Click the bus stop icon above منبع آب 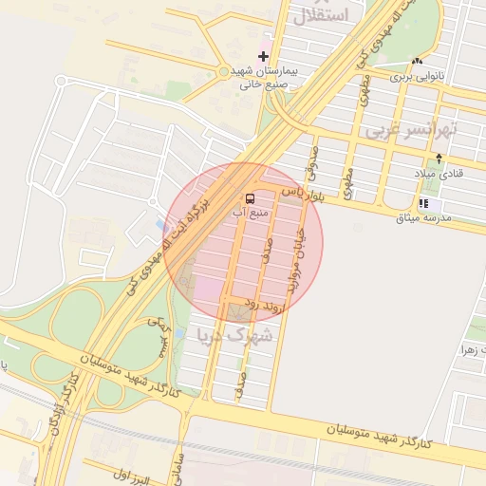point(250,197)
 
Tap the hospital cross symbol point(263,57)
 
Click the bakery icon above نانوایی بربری point(418,62)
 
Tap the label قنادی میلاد point(437,174)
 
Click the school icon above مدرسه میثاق point(423,203)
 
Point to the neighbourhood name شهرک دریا point(234,334)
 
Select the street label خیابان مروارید point(297,257)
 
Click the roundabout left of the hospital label point(224,71)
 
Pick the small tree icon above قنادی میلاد point(439,159)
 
